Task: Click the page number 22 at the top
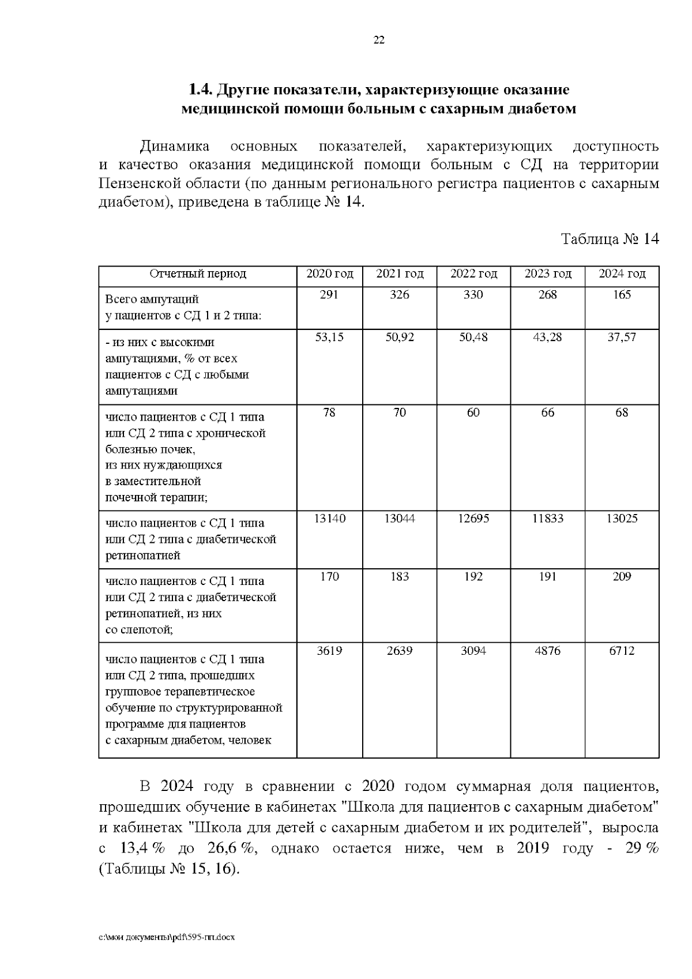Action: (379, 40)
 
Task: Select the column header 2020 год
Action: (329, 273)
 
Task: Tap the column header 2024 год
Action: (622, 273)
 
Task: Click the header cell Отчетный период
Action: (198, 273)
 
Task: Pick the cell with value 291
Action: (329, 295)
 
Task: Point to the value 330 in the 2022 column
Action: (473, 295)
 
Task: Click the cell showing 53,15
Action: (329, 337)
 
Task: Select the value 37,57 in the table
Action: (622, 337)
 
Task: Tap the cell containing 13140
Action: (329, 519)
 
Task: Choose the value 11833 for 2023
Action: (547, 519)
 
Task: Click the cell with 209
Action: (622, 576)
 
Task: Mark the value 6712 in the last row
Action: (622, 651)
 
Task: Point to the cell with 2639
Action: (399, 651)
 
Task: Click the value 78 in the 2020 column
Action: (329, 412)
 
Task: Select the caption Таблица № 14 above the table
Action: (610, 239)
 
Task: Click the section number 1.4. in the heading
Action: (201, 90)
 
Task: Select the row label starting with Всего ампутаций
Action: (152, 299)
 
